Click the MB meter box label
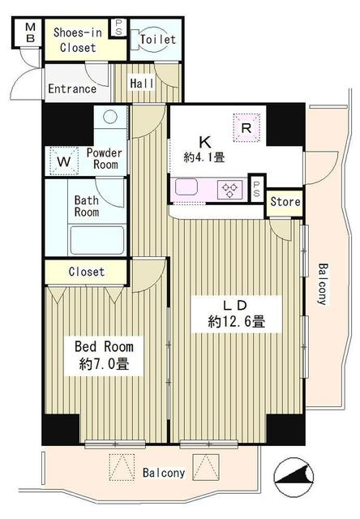tap(30, 32)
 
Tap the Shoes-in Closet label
tap(78, 40)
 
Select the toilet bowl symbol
tap(149, 40)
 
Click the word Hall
tap(142, 83)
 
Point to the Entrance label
tap(72, 88)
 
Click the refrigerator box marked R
tap(246, 128)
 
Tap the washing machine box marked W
tap(63, 161)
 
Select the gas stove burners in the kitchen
tap(229, 191)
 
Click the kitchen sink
tap(186, 187)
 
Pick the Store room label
tap(285, 202)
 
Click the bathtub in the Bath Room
tap(97, 240)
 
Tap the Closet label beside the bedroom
tap(87, 272)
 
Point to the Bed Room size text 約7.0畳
tap(104, 364)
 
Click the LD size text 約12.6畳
tap(236, 321)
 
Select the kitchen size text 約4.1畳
tap(204, 157)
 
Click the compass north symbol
tap(294, 476)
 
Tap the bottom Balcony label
tap(164, 472)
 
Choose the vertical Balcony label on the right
tap(323, 284)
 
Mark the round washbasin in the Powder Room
tap(110, 117)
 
